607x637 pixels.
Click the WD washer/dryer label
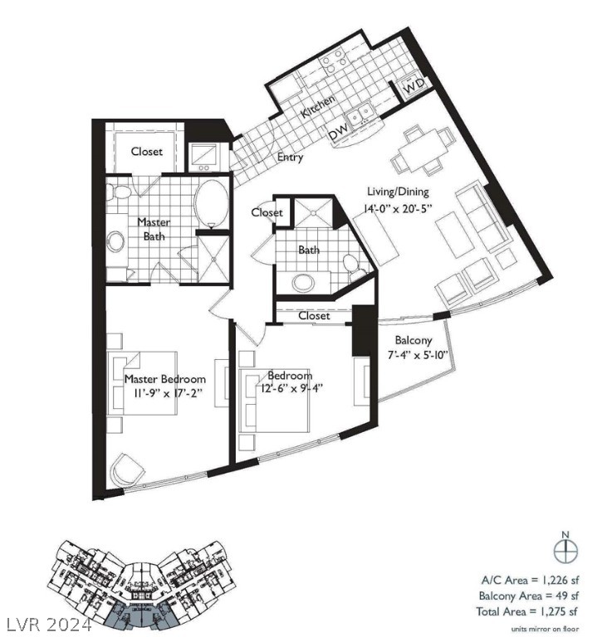[414, 85]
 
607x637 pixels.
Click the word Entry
[290, 158]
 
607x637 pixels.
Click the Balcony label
[413, 340]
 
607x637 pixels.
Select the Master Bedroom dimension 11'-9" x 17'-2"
[164, 393]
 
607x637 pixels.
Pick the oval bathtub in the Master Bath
[213, 204]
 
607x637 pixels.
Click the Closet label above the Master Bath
[147, 152]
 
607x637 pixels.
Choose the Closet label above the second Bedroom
[313, 316]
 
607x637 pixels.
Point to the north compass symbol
[565, 549]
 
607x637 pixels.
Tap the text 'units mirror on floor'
[545, 627]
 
